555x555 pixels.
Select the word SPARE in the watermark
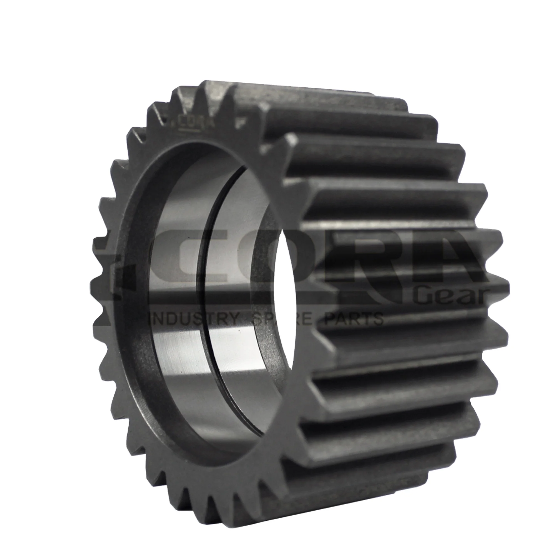point(283,319)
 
